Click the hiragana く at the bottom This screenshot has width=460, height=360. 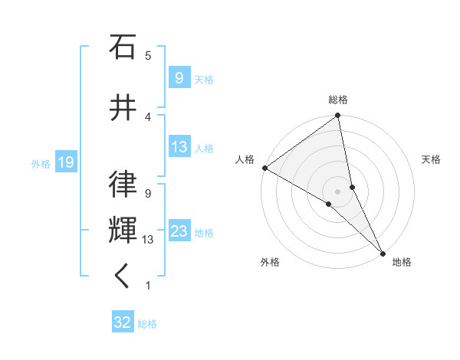click(123, 278)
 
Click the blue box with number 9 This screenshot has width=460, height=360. click(179, 77)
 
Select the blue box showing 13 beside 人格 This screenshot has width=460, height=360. click(179, 147)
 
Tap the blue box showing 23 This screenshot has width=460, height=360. click(179, 231)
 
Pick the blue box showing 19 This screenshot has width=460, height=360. click(65, 162)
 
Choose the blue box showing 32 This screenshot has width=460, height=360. click(123, 322)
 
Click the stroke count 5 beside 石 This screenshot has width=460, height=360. click(148, 55)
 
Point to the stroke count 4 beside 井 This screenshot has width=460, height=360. click(148, 116)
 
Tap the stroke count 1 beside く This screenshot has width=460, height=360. click(148, 286)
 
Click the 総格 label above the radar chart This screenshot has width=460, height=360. click(338, 100)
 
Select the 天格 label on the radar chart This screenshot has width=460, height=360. click(431, 159)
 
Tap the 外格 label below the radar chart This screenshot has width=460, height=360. click(270, 262)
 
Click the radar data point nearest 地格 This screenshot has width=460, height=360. click(382, 252)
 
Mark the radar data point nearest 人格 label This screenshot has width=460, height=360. click(264, 168)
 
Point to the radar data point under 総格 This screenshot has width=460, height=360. click(338, 116)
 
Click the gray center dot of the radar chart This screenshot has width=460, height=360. click(338, 191)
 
